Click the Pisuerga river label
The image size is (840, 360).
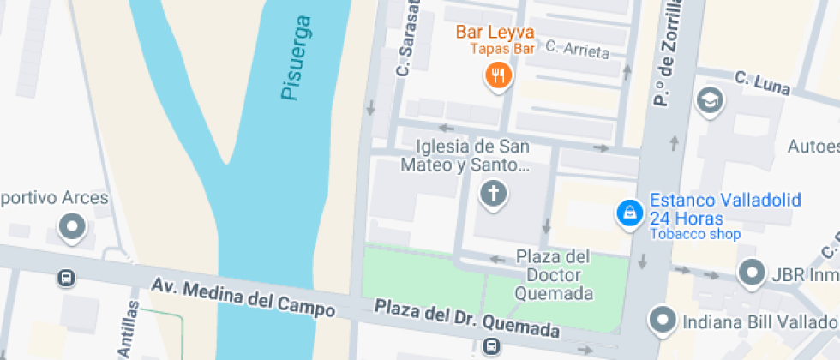tap(296, 58)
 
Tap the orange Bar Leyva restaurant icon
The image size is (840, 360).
tap(498, 76)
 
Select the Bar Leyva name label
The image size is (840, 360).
tap(495, 33)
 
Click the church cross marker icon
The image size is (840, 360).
tap(493, 195)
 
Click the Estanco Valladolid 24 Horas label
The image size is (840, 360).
tap(725, 208)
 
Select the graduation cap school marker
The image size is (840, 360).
tap(711, 100)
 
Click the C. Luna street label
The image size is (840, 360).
tap(762, 83)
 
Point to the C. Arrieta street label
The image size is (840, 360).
tap(577, 50)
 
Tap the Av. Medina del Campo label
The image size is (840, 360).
tap(243, 296)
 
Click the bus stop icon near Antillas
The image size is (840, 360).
tap(66, 278)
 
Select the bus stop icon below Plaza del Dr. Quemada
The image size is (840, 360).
tap(491, 347)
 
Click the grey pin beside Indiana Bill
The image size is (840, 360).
tap(663, 321)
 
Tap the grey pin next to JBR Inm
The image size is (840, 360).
tap(752, 273)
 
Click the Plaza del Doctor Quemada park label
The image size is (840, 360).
tap(554, 274)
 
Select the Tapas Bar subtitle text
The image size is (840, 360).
tap(502, 49)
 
